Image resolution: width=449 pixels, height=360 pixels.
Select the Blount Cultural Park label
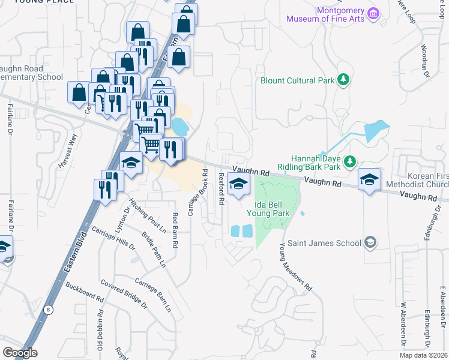pyautogui.click(x=297, y=80)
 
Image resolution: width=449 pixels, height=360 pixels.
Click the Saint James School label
pyautogui.click(x=324, y=243)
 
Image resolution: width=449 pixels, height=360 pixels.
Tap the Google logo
pyautogui.click(x=20, y=353)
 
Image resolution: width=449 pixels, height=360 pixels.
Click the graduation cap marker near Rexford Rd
pyautogui.click(x=239, y=185)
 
